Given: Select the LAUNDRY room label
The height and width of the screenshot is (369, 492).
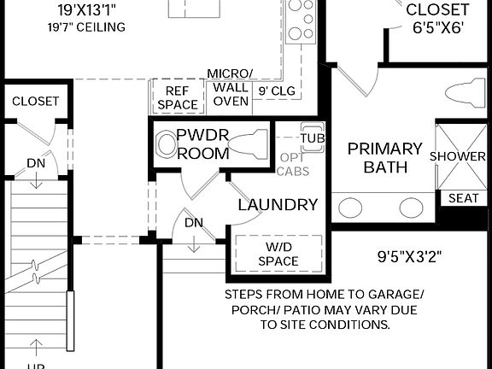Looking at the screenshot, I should click(278, 205).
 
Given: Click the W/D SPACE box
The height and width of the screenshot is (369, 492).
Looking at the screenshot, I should click(279, 253).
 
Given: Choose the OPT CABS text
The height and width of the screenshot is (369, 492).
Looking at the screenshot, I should click(294, 164).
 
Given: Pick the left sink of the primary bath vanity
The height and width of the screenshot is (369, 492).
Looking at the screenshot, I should click(350, 208).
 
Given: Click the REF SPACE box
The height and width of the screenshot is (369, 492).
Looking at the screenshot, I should click(178, 97).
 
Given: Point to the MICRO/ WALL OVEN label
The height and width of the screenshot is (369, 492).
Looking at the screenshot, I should click(230, 87).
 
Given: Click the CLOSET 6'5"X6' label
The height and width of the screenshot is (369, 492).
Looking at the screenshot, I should click(437, 19).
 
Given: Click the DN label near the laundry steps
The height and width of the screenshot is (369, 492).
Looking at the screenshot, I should click(194, 222).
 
